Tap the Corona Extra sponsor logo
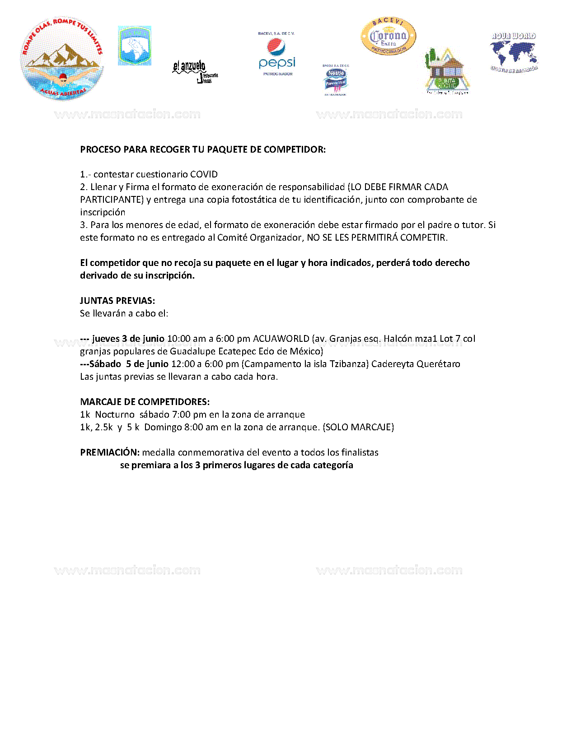click(388, 37)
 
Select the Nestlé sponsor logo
click(336, 80)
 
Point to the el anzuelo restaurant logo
click(195, 71)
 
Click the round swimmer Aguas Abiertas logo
click(62, 59)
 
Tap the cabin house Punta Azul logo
click(446, 71)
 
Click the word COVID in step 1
click(204, 174)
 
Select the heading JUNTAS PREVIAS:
click(117, 301)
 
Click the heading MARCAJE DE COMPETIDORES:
click(145, 402)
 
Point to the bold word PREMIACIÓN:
click(110, 452)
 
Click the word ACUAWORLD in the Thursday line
click(281, 339)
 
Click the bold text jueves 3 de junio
click(128, 339)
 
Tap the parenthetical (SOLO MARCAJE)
click(358, 427)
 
